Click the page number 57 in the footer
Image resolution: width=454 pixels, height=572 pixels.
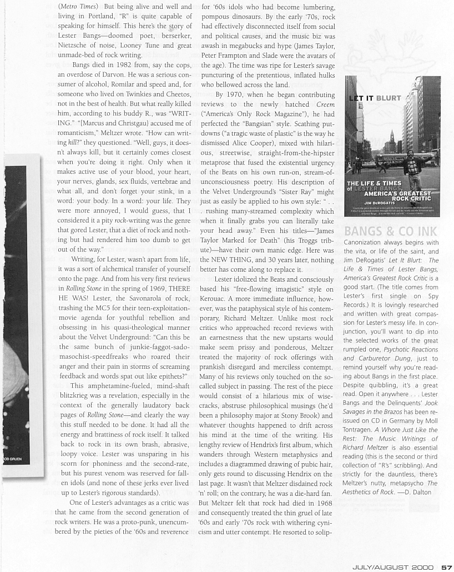pos(447,567)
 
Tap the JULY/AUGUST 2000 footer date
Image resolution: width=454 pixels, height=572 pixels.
pos(395,567)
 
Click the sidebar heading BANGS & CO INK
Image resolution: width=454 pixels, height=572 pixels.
pos(390,231)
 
